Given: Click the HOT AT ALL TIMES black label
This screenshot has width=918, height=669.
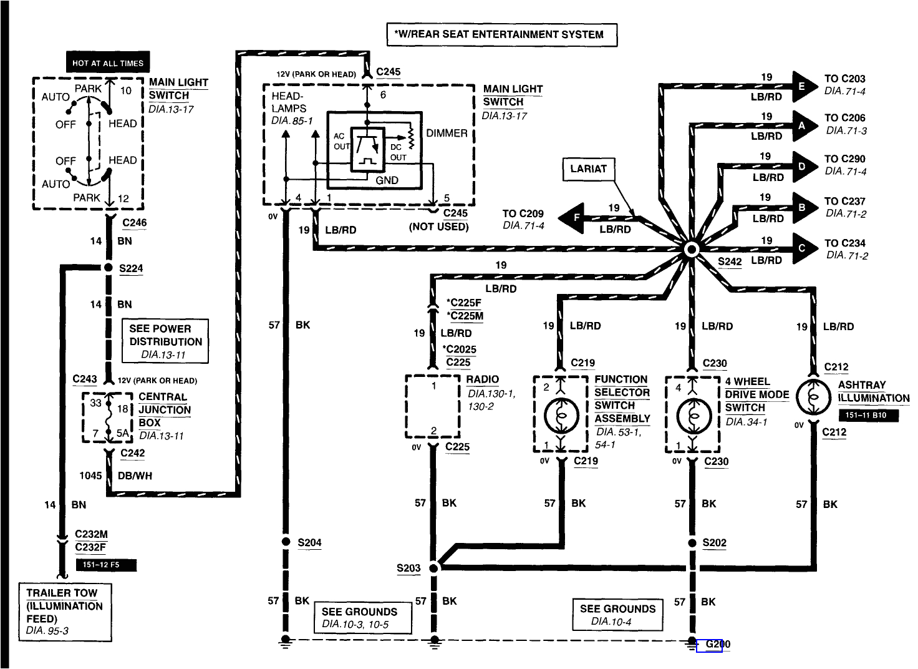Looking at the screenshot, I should [x=107, y=63].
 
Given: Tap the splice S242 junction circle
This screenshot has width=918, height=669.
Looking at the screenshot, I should [x=691, y=250].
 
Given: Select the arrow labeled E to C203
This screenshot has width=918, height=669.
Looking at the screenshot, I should [x=804, y=87].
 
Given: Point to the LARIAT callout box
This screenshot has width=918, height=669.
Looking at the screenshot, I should [x=588, y=168].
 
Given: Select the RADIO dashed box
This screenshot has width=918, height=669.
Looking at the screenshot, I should [x=432, y=407].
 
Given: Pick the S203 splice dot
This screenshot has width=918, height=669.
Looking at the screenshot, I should [x=434, y=568].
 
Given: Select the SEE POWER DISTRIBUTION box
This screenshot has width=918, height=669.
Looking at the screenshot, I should [x=165, y=341].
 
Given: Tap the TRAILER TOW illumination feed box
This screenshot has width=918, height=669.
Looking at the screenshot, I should [x=65, y=612].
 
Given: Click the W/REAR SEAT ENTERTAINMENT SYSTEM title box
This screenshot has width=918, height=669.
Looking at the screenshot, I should [x=502, y=34].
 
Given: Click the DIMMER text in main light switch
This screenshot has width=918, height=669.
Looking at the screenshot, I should [x=447, y=133].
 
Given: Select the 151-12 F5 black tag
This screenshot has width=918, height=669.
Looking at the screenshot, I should [x=105, y=565].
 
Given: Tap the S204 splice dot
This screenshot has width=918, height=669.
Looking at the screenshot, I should [x=286, y=542].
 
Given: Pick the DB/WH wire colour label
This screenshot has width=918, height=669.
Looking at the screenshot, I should [x=135, y=476].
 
